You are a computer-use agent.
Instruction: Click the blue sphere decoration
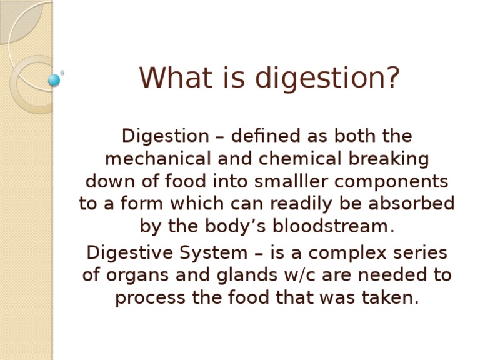point(54,80)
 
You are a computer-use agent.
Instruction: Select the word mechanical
point(158,159)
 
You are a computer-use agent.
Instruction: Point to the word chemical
point(300,159)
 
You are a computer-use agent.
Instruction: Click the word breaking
point(389,159)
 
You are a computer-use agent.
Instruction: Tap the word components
point(391,182)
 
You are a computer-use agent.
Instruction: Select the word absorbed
point(412,204)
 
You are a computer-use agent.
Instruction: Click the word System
point(213,254)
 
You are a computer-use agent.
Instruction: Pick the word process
point(150,298)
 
